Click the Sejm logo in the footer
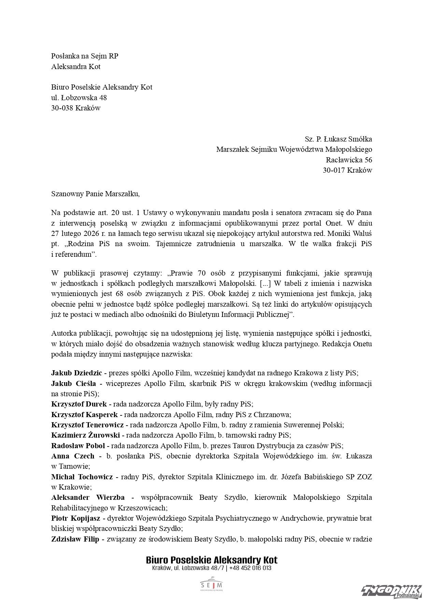[212, 585]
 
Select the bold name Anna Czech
[73, 456]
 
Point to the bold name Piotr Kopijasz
[75, 518]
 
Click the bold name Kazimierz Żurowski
[85, 435]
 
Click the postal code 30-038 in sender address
[62, 108]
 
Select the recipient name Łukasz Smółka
[348, 139]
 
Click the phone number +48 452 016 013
[251, 568]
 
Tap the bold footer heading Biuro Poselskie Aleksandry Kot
[212, 560]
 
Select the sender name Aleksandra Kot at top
[76, 66]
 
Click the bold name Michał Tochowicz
[82, 477]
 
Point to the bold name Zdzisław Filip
[75, 539]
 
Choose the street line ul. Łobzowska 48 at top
[79, 97]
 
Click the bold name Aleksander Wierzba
[88, 497]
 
